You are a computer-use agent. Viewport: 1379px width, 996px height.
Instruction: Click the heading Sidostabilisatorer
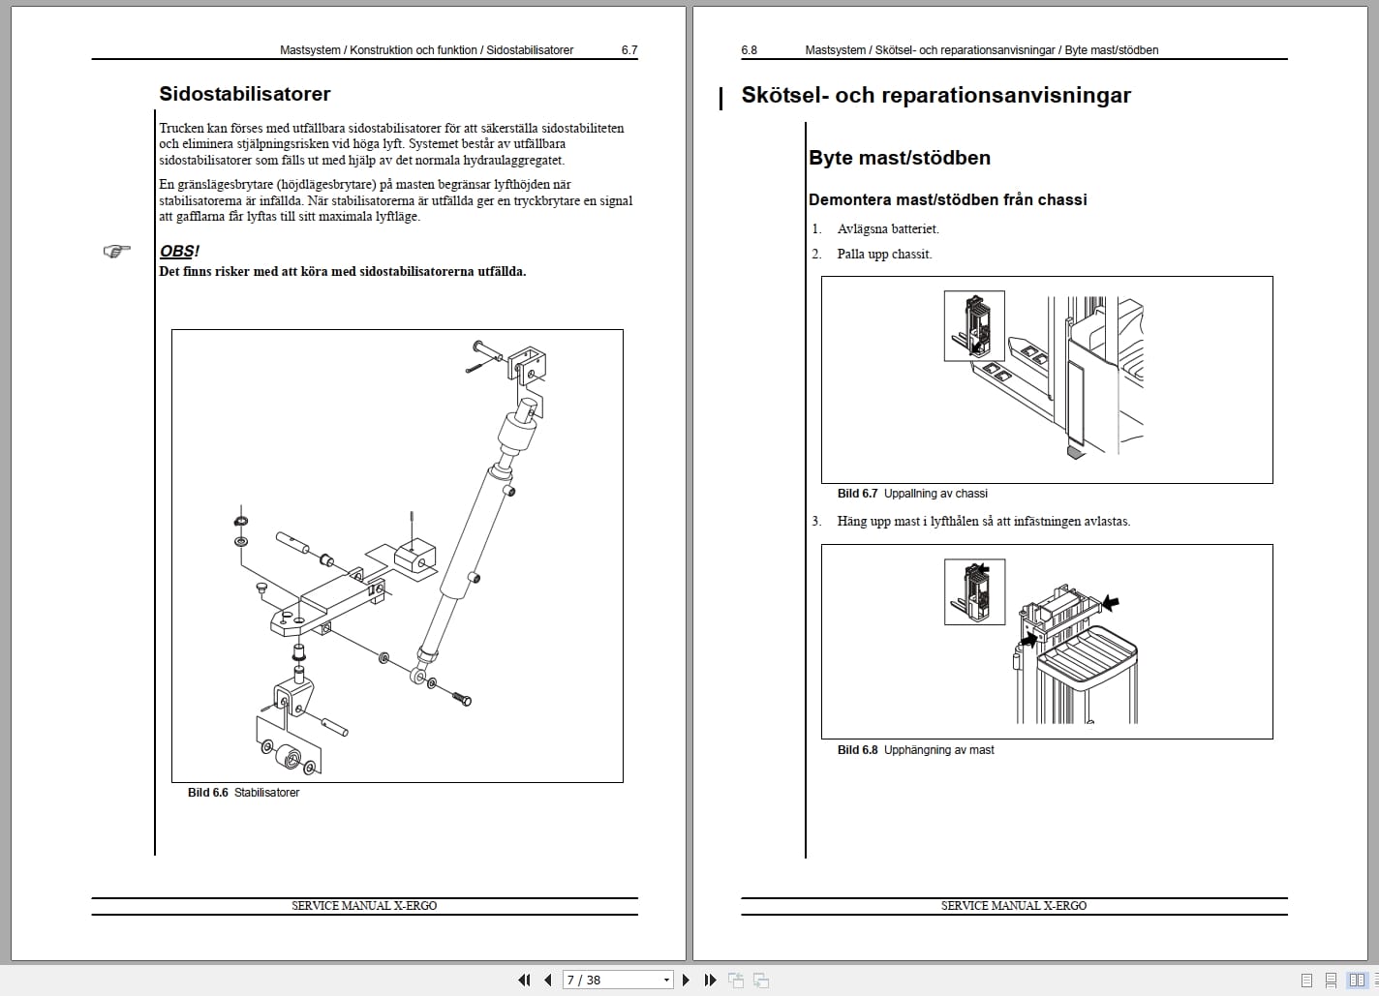tap(244, 94)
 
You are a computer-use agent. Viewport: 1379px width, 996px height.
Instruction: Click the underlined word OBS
tap(176, 252)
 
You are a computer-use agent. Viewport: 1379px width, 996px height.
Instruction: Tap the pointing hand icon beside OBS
tap(116, 252)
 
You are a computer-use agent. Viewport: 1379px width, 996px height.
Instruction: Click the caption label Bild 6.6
tap(207, 793)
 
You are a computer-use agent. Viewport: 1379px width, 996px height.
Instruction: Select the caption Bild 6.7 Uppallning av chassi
tap(912, 494)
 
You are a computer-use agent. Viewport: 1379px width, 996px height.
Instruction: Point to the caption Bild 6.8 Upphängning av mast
tap(915, 750)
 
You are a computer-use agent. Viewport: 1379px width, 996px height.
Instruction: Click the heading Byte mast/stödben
tap(899, 158)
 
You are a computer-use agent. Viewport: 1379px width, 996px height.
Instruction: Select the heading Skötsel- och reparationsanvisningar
tap(935, 95)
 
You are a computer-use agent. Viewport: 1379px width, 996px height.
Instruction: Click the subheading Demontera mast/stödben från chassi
tap(947, 200)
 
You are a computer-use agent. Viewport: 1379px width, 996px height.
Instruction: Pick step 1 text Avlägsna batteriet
tap(888, 229)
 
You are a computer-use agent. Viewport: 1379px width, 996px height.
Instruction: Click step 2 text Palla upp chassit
tap(884, 255)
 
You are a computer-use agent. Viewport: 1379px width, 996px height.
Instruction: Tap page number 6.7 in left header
tap(628, 50)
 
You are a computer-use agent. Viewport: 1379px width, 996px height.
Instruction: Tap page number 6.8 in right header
tap(749, 50)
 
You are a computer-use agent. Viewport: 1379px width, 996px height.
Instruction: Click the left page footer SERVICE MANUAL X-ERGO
tap(364, 906)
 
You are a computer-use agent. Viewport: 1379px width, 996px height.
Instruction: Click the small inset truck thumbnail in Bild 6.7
tap(973, 326)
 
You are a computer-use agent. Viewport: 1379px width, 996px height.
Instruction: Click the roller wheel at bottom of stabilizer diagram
tap(288, 756)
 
